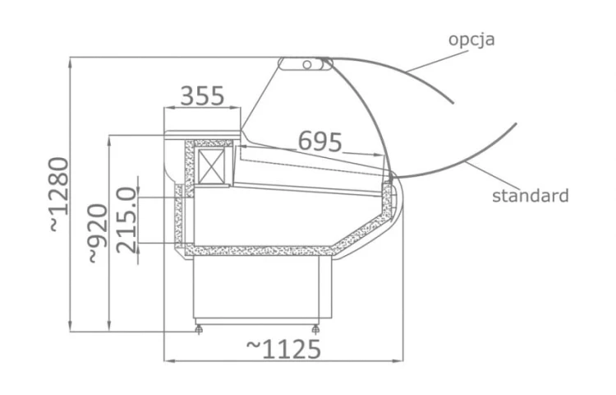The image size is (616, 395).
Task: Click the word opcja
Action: [471, 40]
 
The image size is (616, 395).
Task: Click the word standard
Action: [531, 196]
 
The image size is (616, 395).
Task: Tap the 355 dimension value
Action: [202, 96]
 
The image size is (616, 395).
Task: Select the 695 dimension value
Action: [320, 142]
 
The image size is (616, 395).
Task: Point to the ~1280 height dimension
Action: [59, 194]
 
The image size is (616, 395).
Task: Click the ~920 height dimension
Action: [98, 234]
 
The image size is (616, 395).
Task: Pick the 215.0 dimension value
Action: [127, 221]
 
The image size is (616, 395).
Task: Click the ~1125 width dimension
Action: [283, 349]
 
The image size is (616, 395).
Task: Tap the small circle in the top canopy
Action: [307, 64]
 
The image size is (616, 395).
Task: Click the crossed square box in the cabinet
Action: [211, 166]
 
